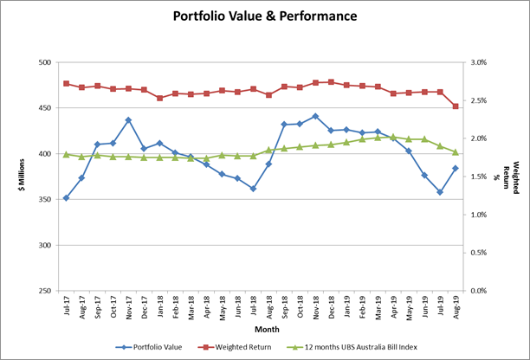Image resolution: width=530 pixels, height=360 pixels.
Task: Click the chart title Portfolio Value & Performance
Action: [265, 16]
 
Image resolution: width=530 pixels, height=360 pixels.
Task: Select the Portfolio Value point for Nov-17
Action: [128, 120]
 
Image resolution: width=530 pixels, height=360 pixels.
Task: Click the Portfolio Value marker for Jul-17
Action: [66, 198]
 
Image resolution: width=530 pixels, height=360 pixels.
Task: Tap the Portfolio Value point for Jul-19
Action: [440, 192]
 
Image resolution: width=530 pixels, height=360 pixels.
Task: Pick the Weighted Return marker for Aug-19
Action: [456, 106]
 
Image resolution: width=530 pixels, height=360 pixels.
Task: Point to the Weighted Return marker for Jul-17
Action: [66, 83]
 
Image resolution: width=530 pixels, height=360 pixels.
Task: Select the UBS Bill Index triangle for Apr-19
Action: [393, 137]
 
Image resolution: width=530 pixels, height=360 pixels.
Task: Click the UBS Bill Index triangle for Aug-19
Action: [456, 151]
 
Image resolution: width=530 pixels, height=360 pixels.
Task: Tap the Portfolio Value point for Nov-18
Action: [315, 116]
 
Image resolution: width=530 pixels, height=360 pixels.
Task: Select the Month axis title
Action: [260, 329]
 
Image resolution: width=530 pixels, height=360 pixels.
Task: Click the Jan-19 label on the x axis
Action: [346, 306]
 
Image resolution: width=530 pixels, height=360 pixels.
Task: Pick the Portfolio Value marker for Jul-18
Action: [253, 189]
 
